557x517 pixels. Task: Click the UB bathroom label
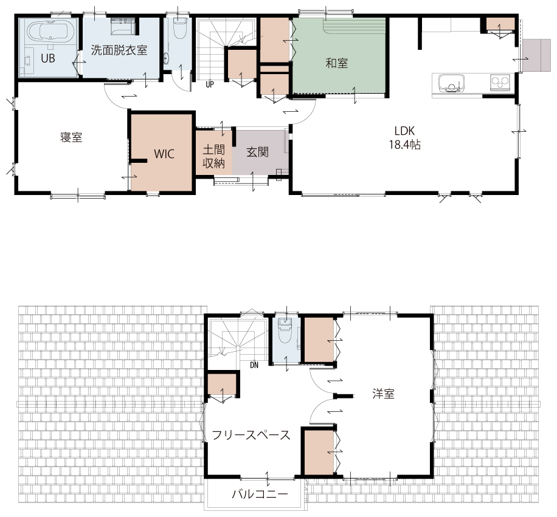pos(48,58)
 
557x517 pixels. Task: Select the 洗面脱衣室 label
pos(119,50)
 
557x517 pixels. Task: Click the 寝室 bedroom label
pos(71,137)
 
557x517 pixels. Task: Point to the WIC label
pos(164,154)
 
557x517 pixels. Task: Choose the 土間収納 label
pos(214,156)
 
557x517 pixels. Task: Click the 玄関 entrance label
pos(258,152)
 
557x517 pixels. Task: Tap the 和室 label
pos(336,64)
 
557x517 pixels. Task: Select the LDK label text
pos(404,131)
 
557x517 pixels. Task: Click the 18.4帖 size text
pos(405,145)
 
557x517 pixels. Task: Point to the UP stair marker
pos(210,84)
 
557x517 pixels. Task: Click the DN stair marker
pos(254,365)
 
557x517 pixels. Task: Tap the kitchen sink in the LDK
pos(451,83)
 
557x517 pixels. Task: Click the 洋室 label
pos(383,394)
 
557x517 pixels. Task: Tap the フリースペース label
pos(251,435)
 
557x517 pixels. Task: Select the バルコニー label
pos(260,493)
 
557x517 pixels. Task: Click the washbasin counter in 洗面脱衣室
pos(123,27)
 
